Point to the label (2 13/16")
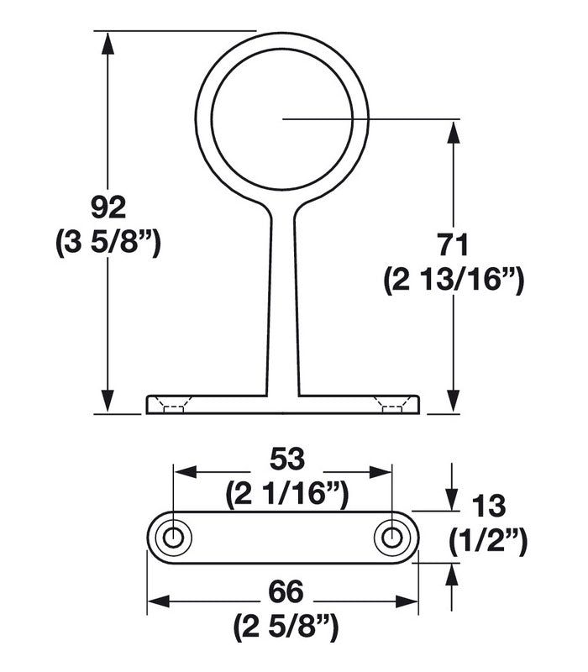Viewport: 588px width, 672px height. pos(454,281)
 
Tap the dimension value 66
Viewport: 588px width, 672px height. pos(284,591)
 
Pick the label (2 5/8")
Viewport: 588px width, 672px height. pos(284,627)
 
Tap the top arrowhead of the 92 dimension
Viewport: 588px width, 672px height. pos(107,42)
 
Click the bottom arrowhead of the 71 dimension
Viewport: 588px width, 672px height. pos(454,403)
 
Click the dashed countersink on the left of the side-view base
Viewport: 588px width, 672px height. pos(173,407)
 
